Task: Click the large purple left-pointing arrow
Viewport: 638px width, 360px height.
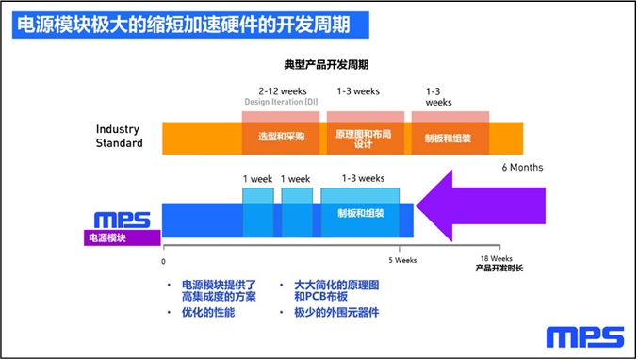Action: point(480,205)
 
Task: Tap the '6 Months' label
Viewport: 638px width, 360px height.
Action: point(522,167)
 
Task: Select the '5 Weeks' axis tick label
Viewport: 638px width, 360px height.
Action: point(402,260)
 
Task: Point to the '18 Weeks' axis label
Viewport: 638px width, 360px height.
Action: point(496,259)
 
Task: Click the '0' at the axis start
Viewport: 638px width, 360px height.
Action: point(163,262)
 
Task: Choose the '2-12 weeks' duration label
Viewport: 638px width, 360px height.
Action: point(283,91)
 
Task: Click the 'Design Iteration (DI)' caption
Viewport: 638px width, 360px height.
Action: point(281,102)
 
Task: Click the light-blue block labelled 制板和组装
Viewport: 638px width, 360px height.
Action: point(360,212)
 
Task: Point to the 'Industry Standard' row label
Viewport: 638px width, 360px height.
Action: point(120,136)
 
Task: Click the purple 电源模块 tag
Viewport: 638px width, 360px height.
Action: point(123,237)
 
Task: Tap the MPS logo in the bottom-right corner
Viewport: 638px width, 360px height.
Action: point(584,336)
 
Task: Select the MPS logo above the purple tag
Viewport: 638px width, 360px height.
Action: point(123,221)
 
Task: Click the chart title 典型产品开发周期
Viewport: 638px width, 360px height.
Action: point(326,65)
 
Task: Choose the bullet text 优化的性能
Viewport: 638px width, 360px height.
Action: point(208,312)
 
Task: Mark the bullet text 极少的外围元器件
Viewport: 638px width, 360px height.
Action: point(336,312)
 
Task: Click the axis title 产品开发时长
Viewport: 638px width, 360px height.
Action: point(499,268)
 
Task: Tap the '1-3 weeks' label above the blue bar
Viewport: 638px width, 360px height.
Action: point(364,178)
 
